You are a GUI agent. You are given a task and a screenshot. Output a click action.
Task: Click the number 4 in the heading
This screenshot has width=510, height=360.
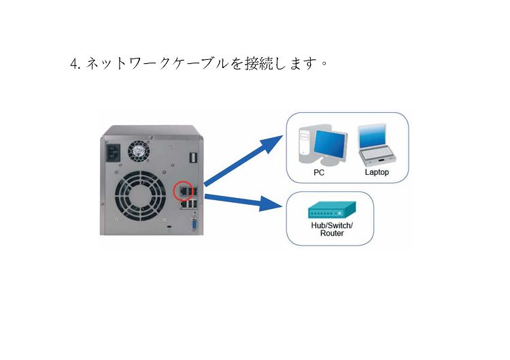[x=74, y=63]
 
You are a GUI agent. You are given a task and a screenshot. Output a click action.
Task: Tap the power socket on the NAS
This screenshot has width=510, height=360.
[x=113, y=152]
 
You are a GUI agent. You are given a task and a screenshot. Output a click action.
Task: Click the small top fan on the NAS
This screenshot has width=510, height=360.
[x=138, y=150]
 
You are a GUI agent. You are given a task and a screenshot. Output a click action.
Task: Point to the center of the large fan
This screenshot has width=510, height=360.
[x=140, y=196]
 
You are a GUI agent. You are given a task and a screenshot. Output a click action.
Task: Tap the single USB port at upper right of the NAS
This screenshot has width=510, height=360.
[x=192, y=157]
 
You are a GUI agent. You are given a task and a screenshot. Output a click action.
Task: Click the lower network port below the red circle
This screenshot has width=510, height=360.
[x=184, y=204]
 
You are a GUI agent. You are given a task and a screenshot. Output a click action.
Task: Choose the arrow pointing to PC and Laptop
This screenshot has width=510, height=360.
[x=243, y=161]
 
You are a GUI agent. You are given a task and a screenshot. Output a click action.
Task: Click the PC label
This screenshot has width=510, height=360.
[x=319, y=172]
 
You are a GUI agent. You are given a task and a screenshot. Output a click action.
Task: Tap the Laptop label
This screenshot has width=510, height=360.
[x=377, y=172]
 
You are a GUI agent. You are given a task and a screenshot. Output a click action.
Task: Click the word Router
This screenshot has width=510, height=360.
[x=332, y=233]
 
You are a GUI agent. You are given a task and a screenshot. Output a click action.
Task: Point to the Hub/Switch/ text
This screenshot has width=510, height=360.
[x=332, y=225]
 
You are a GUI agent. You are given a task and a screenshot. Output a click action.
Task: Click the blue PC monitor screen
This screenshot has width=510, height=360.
[x=330, y=144]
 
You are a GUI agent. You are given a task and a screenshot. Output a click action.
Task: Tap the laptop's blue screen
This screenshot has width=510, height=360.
[x=372, y=135]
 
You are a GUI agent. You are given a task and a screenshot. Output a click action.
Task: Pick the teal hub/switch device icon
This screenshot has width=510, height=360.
[x=332, y=210]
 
